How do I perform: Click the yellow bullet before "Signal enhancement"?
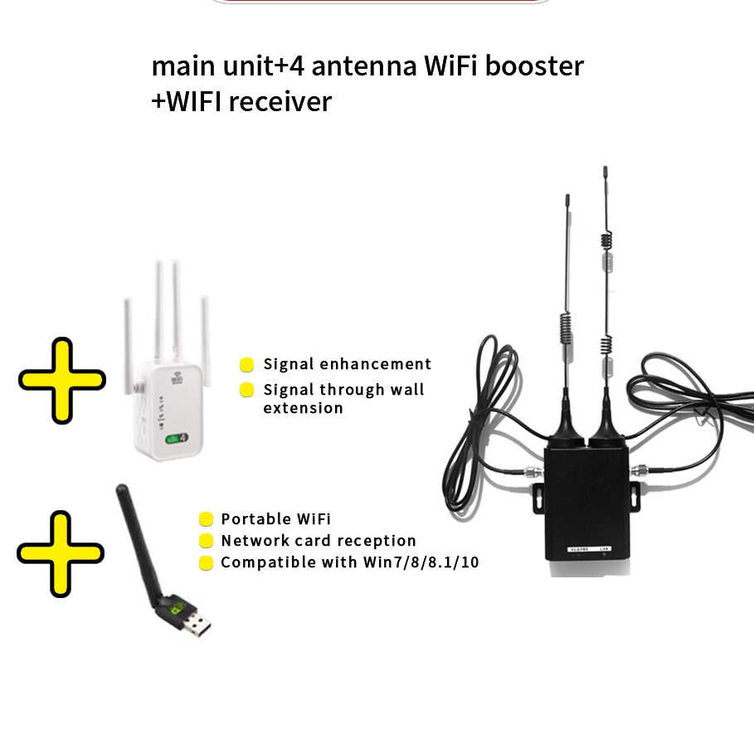246,365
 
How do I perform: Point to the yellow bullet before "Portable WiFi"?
206,520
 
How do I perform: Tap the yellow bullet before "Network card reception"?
206,542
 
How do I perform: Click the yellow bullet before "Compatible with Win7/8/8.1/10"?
206,563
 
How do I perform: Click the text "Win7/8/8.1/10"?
421,562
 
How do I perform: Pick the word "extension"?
303,408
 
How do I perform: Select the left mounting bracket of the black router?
536,496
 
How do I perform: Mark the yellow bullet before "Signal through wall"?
246,390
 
